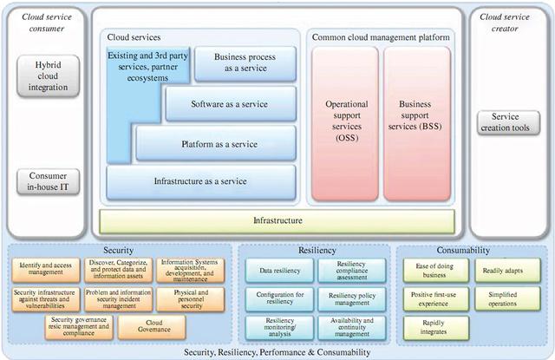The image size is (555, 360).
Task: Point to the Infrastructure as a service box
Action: coord(201,182)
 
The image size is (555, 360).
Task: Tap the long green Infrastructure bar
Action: coord(277,221)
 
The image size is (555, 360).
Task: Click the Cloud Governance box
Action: coord(140,326)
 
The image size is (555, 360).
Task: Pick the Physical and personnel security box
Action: coord(190,299)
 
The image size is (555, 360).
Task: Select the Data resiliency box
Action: coord(279,271)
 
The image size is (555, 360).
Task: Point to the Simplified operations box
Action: coord(503,298)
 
